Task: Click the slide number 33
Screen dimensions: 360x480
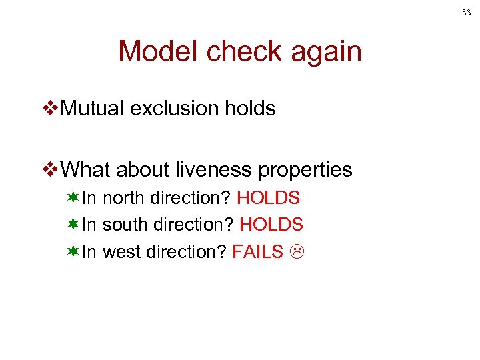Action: pos(466,12)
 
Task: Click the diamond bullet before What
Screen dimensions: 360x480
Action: pos(50,170)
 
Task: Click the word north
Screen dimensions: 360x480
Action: pos(125,198)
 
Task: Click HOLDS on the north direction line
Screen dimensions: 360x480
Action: pos(268,198)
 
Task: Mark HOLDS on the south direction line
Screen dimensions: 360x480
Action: pos(271,225)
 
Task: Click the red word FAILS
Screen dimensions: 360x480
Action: pos(258,251)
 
